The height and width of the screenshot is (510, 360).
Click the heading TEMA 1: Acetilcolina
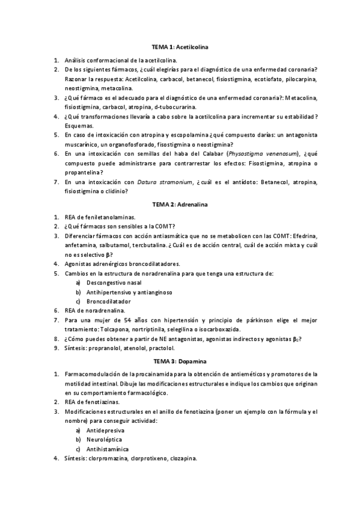click(180, 46)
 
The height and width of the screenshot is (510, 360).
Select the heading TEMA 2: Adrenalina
click(180, 205)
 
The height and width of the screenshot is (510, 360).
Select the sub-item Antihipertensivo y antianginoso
click(129, 292)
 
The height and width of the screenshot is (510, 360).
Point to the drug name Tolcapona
click(123, 330)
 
